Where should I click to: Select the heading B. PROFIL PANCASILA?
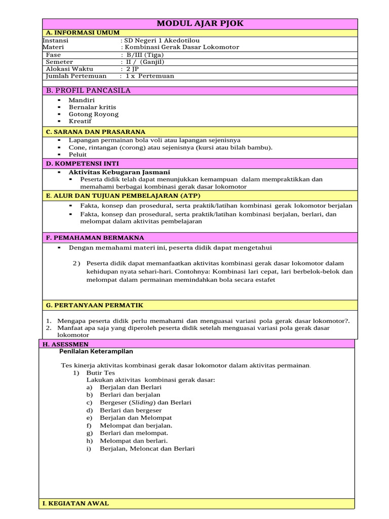[88, 91]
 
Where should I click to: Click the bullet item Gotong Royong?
[93, 114]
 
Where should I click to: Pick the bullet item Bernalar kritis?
[92, 107]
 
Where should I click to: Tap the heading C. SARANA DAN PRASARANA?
[95, 132]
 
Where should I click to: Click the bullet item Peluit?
[77, 154]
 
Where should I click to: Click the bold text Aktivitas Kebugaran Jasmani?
[119, 172]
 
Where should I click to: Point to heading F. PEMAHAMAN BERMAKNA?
[95, 237]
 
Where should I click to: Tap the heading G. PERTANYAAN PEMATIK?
[94, 305]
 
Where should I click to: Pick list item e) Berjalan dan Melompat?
[136, 418]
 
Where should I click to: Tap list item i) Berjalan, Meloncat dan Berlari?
[147, 449]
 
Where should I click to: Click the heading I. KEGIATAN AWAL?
[76, 503]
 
